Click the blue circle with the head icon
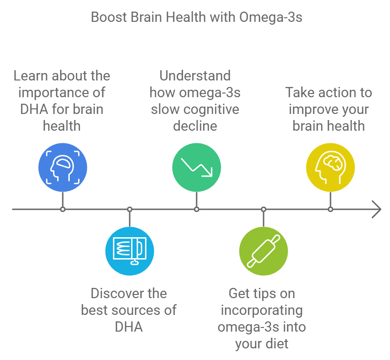click(62, 167)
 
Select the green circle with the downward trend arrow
click(196, 167)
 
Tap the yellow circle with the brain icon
click(330, 167)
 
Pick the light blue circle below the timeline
click(129, 251)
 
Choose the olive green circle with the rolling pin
click(263, 251)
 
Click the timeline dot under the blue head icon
click(62, 209)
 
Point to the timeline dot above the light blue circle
click(129, 209)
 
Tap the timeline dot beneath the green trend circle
click(196, 209)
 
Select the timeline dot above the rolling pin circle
click(263, 209)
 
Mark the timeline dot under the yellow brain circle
click(330, 209)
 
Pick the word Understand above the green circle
click(195, 76)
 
